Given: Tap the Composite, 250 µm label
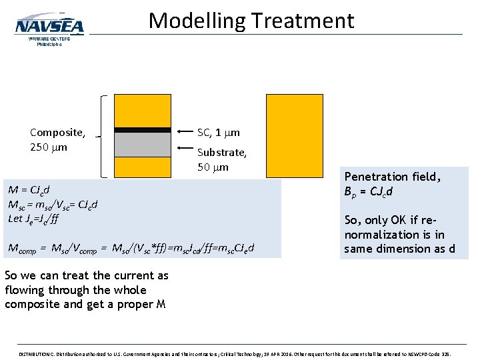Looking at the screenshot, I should [57, 139].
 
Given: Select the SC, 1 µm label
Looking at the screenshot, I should [218, 133].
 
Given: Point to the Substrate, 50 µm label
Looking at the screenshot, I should [222, 159].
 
